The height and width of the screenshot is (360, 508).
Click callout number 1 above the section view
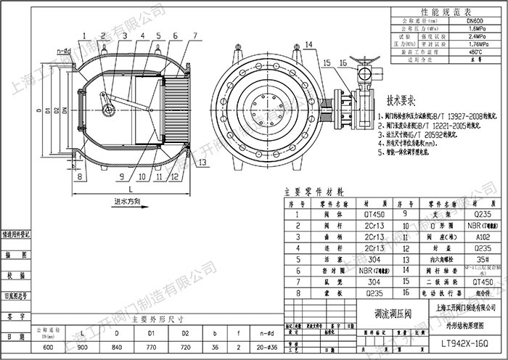(x=84, y=35)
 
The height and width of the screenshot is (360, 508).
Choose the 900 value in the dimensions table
(x=83, y=347)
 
